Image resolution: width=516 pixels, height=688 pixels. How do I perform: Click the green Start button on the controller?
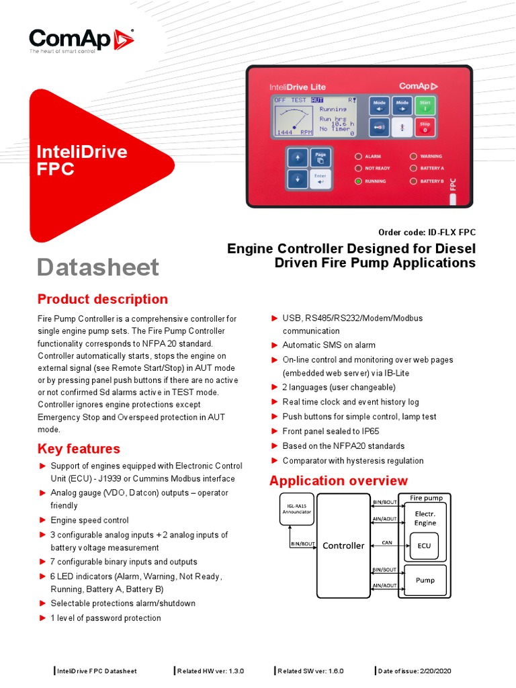point(425,105)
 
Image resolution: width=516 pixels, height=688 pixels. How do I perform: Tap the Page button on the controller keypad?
point(320,158)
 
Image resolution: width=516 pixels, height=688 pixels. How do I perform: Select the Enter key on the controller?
point(320,179)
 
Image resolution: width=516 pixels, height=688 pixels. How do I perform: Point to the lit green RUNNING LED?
point(359,181)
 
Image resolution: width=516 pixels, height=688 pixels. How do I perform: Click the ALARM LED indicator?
point(359,156)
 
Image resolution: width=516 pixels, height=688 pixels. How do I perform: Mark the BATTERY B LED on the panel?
point(413,181)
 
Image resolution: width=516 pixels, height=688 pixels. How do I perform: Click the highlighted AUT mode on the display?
point(317,100)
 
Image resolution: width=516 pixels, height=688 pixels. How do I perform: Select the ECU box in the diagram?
point(425,546)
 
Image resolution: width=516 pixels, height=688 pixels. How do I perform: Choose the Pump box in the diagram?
point(425,580)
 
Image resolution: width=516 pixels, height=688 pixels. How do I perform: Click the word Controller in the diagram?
point(343,546)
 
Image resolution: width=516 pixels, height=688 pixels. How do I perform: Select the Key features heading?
point(79,449)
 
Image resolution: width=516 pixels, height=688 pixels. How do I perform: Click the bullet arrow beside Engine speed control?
point(42,520)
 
